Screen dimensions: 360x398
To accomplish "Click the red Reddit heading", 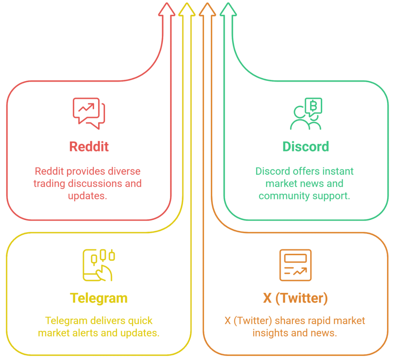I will click(x=89, y=146).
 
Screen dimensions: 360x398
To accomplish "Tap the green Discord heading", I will click(x=305, y=146).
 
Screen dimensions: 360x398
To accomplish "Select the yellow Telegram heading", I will click(x=99, y=298).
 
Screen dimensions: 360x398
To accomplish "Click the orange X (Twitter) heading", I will click(x=295, y=298).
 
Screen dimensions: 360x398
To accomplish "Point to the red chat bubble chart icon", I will click(x=89, y=113).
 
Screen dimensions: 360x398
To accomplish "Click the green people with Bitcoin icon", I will click(x=306, y=114).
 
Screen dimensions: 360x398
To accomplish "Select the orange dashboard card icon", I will click(x=295, y=265).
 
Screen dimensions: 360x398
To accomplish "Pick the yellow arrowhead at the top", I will click(x=187, y=9).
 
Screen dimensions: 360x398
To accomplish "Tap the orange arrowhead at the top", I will click(x=207, y=9).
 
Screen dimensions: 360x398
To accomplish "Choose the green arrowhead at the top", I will click(x=228, y=9).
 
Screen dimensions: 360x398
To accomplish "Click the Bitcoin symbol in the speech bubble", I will click(x=314, y=105).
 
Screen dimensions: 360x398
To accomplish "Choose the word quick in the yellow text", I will click(x=140, y=321).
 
